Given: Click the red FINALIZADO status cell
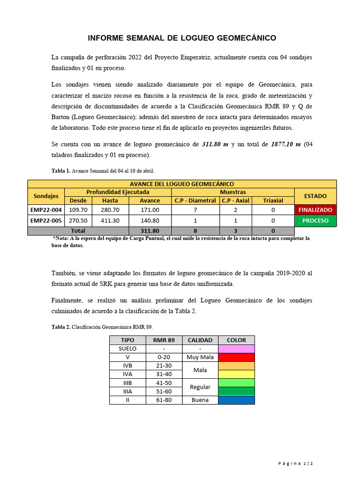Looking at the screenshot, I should click(x=315, y=210).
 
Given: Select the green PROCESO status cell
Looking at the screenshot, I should click(x=315, y=220).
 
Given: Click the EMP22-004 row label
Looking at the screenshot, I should click(x=46, y=210).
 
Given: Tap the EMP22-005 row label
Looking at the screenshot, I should click(x=46, y=220).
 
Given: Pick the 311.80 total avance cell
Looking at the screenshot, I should click(x=150, y=231).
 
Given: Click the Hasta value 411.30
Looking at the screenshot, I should click(x=110, y=220).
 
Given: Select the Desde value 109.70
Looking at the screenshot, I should click(x=78, y=210).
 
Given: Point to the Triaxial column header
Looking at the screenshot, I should click(x=273, y=200).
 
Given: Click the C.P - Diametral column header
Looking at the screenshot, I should click(x=195, y=200).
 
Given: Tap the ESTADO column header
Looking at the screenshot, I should click(x=315, y=196).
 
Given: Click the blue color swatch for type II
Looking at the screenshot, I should click(x=236, y=400).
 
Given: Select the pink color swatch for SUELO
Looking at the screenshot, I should click(x=236, y=349).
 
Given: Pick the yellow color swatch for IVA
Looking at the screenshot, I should click(x=236, y=374).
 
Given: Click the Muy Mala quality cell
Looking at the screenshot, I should click(x=200, y=357).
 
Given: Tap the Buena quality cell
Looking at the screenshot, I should click(x=200, y=400).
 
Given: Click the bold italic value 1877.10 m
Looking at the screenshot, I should click(x=286, y=144).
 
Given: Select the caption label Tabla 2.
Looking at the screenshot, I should click(x=61, y=327).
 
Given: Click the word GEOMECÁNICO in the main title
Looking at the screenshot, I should click(x=240, y=38).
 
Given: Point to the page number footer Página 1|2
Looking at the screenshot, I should click(x=295, y=464).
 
